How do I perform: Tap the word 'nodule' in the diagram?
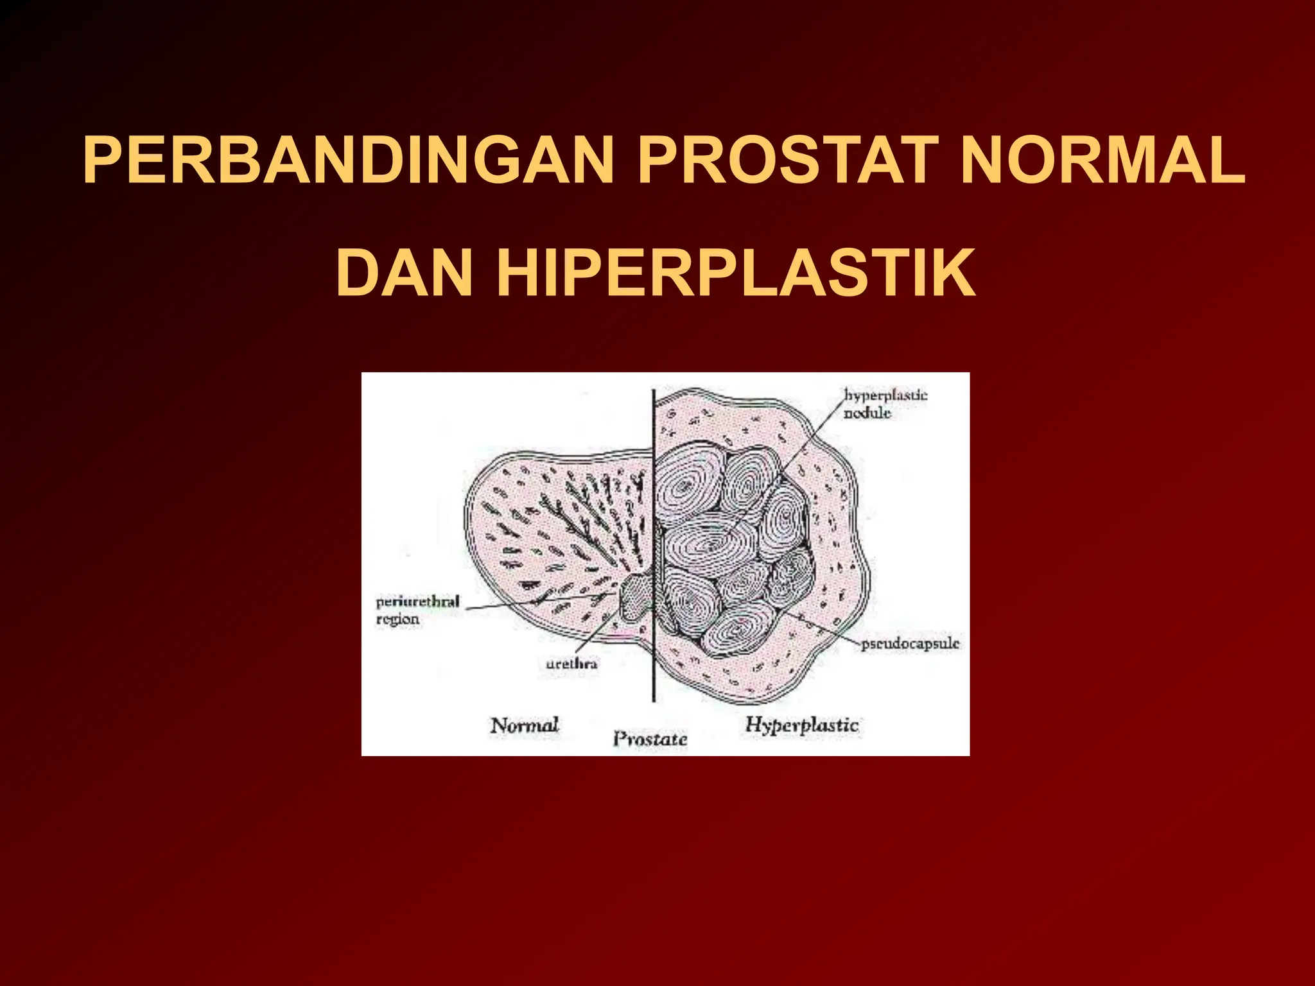[867, 413]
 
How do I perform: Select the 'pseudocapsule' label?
[910, 643]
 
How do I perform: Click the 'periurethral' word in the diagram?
[417, 602]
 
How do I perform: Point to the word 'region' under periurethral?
[397, 619]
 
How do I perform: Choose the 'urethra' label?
[571, 664]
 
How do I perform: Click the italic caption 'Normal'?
[525, 725]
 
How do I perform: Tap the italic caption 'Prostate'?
[650, 739]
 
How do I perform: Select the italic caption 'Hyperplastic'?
[801, 725]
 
